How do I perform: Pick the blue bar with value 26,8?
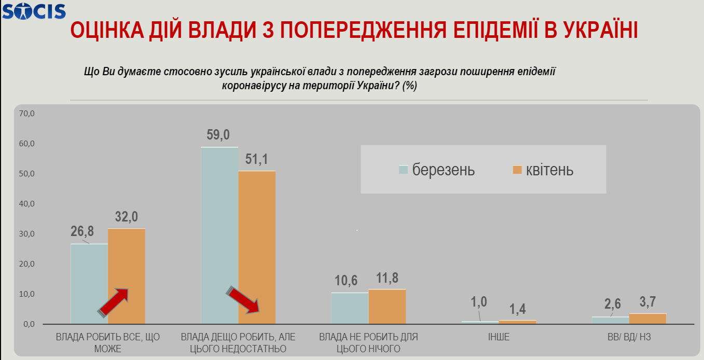(89, 284)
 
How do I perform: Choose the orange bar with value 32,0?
(127, 276)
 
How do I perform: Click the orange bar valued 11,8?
(387, 306)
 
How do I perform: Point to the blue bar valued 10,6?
(350, 308)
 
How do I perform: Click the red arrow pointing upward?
(114, 302)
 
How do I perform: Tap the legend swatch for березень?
(403, 170)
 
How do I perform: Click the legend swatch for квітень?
(517, 170)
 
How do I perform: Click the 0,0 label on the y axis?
(27, 324)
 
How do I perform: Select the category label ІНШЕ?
(499, 337)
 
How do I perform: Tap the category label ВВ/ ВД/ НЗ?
(629, 337)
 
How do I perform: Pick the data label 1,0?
(479, 302)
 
